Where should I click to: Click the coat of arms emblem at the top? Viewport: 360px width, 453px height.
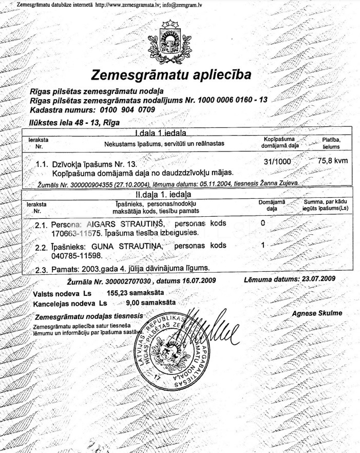point(168,39)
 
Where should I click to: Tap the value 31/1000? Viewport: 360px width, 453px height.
point(277,161)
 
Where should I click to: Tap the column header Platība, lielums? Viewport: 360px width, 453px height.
point(331,143)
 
